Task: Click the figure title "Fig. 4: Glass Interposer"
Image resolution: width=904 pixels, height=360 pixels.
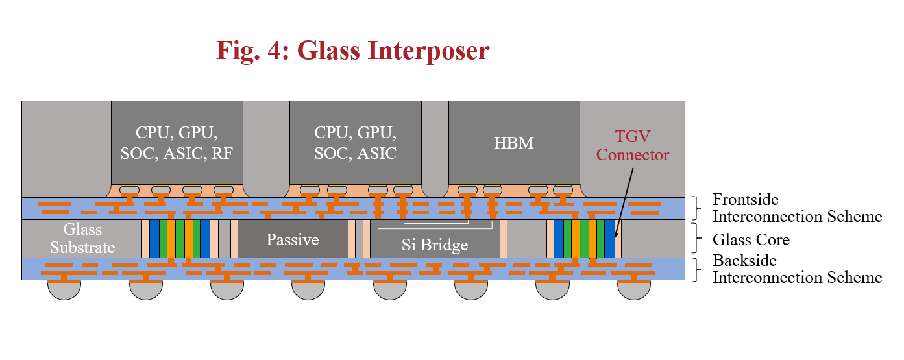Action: pyautogui.click(x=352, y=50)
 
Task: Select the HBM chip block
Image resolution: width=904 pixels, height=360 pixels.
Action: pyautogui.click(x=514, y=143)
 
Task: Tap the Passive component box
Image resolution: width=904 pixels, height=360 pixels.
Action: pyautogui.click(x=293, y=239)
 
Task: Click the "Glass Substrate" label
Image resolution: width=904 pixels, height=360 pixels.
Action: pyautogui.click(x=82, y=238)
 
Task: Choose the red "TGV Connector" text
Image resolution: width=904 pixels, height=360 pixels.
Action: pyautogui.click(x=632, y=146)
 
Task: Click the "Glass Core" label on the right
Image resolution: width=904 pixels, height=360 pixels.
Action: pyautogui.click(x=751, y=239)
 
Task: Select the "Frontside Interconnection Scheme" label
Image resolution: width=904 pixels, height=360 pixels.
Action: pyautogui.click(x=797, y=208)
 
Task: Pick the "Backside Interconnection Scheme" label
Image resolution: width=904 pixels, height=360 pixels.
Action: pyautogui.click(x=797, y=269)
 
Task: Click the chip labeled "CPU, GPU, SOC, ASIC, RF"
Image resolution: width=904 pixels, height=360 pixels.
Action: pyautogui.click(x=177, y=143)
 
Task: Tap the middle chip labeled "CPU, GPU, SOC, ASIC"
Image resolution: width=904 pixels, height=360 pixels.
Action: pyautogui.click(x=355, y=143)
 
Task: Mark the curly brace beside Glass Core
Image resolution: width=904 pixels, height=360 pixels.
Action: pyautogui.click(x=698, y=239)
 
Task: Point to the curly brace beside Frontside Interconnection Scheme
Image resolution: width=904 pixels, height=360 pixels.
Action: pyautogui.click(x=698, y=208)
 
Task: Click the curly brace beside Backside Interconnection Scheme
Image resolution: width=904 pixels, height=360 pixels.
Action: pyautogui.click(x=698, y=269)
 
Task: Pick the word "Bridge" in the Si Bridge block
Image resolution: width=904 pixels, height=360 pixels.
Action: pyautogui.click(x=445, y=245)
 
